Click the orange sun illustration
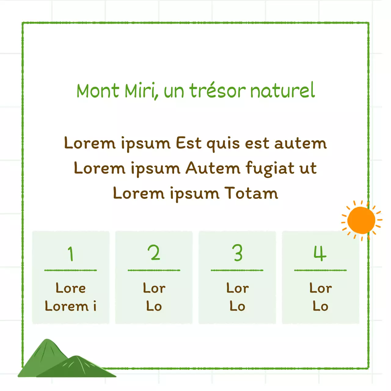(361, 220)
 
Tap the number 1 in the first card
(71, 254)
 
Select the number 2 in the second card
(154, 253)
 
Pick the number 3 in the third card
(237, 253)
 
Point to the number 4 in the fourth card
(320, 253)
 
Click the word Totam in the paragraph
(251, 193)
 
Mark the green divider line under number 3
(237, 270)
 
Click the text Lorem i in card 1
(71, 306)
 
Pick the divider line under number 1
(71, 270)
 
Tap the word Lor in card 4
(320, 288)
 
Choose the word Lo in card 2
(154, 306)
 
